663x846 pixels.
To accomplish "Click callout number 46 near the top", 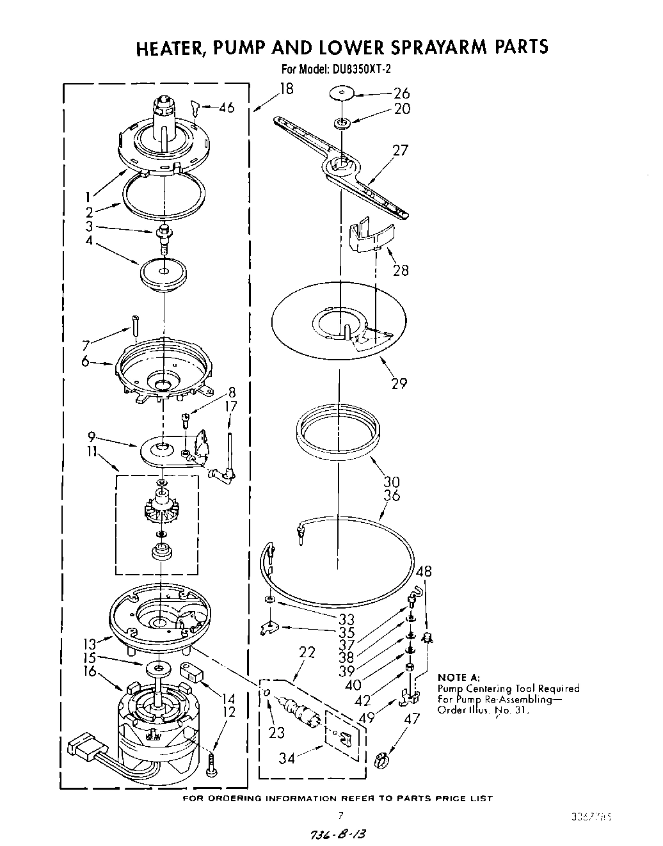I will point(226,108).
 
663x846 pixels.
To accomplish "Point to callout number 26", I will point(401,93).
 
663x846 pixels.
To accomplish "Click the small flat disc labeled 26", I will point(342,93).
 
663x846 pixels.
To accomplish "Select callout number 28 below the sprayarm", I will point(400,270).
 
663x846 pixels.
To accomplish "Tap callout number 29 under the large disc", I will point(399,383).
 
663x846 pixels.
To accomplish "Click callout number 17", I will point(231,406).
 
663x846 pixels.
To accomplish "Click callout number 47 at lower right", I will point(413,719).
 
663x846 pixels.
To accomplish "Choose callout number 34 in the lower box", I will point(287,759).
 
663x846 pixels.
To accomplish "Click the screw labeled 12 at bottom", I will point(212,764).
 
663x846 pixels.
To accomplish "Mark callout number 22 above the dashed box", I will point(307,652).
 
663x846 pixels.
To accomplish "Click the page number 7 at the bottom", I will point(340,815).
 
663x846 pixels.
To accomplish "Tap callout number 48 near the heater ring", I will point(424,571).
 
